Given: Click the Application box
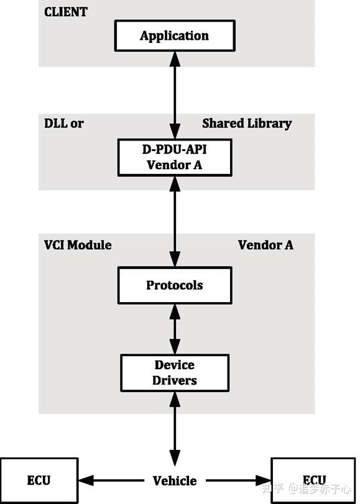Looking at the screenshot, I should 174,35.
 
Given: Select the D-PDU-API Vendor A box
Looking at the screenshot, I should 174,157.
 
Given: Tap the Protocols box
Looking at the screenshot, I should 174,285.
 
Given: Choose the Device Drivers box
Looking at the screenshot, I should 174,372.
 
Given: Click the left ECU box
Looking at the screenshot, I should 39,480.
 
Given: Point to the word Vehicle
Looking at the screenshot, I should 175,480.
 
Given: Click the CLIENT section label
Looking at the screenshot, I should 66,12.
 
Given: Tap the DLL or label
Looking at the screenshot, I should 63,123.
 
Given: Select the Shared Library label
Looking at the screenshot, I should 246,123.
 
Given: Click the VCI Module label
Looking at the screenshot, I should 78,245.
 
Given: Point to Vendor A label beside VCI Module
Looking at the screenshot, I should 265,245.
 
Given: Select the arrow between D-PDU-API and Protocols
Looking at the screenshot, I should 175,221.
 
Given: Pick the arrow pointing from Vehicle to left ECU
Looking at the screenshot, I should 112,480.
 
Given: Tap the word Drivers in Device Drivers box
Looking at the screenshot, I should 174,380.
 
